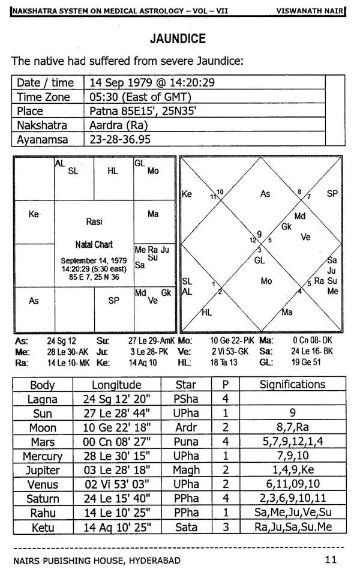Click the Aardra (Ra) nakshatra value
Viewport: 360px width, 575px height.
pos(119,125)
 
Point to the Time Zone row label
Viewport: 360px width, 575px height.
pos(43,97)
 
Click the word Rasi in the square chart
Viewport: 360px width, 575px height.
pos(94,221)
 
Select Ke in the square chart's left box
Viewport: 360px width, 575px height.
pos(34,214)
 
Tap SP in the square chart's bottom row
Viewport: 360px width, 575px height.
pos(113,301)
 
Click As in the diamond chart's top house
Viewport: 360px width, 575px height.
pos(265,194)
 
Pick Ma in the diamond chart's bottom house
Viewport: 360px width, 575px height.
pos(287,312)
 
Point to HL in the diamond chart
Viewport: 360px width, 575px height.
pos(207,312)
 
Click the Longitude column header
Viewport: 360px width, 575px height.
pos(116,385)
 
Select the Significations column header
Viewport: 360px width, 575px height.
pos(292,385)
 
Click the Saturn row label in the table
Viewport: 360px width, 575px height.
pos(43,499)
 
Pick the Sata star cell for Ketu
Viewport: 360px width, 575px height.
pos(186,527)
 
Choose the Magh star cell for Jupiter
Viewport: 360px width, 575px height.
pos(186,471)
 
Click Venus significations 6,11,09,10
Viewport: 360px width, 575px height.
pos(292,484)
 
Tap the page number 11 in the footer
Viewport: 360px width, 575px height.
pos(331,561)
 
